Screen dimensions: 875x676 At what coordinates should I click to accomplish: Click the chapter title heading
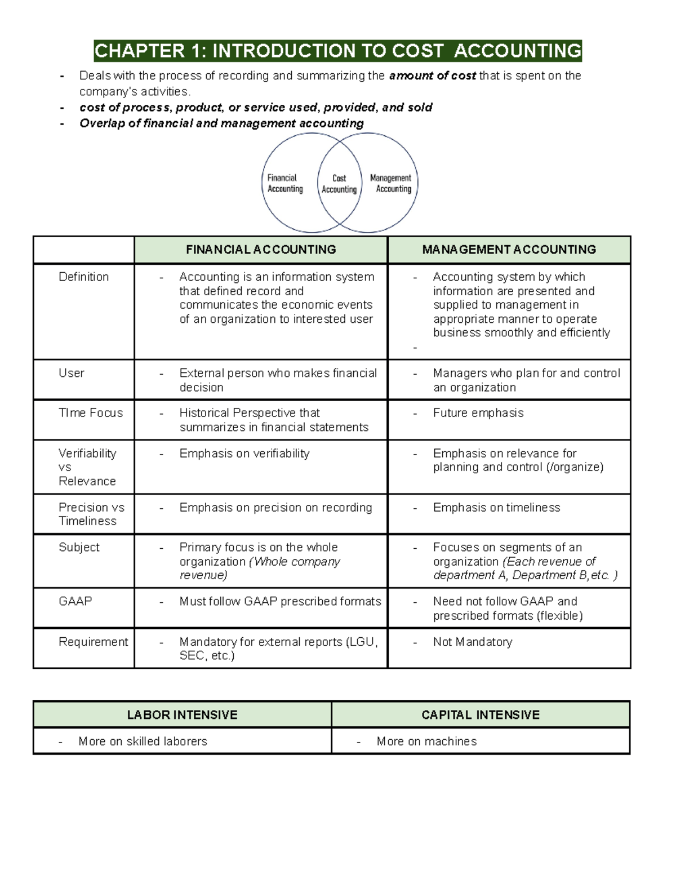point(337,51)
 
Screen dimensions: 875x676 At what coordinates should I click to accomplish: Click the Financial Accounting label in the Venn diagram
point(284,184)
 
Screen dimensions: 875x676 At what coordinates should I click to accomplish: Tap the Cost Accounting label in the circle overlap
point(339,184)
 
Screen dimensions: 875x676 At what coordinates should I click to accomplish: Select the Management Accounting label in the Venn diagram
point(391,184)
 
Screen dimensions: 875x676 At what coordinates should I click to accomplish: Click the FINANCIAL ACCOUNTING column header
point(261,250)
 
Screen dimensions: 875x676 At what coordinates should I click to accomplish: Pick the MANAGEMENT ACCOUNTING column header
point(509,250)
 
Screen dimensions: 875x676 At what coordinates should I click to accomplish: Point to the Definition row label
point(83,277)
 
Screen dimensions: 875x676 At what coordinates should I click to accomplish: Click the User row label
point(72,373)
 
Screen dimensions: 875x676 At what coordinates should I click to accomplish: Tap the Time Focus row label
point(90,413)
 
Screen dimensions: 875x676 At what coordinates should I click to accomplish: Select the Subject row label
point(79,547)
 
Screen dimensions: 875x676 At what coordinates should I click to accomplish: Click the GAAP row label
point(75,601)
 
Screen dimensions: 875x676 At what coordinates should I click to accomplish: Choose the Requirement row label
point(93,642)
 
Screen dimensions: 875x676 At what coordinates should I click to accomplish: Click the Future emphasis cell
point(478,413)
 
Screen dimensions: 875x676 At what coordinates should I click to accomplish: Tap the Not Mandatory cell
point(472,642)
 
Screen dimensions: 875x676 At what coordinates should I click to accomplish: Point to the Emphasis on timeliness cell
point(496,508)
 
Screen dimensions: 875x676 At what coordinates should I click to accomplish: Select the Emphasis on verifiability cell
point(244,454)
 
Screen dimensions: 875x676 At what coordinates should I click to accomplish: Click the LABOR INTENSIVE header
point(182,715)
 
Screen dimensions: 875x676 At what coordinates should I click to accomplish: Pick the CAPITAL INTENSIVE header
point(481,715)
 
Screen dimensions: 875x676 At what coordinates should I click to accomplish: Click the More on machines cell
point(426,741)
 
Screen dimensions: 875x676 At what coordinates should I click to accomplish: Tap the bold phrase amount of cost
point(432,76)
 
